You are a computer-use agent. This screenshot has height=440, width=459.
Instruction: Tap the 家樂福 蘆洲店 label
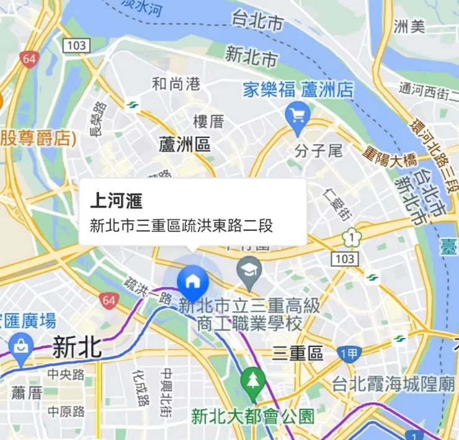tap(299, 90)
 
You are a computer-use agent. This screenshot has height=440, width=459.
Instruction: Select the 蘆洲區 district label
tap(185, 145)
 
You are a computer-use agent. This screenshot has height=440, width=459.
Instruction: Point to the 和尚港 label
tap(176, 83)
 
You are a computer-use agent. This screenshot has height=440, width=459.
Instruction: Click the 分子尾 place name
tap(319, 151)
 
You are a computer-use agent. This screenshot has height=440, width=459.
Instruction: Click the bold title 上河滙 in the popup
tap(117, 201)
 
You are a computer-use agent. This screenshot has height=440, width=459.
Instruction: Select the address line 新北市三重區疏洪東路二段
tap(182, 226)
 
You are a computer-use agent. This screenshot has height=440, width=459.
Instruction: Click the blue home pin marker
tap(192, 280)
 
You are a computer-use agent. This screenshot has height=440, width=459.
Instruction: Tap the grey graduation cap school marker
tap(249, 271)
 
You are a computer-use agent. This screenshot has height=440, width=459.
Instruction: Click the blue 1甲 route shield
tap(350, 354)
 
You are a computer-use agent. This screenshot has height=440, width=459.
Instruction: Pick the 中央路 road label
tap(66, 374)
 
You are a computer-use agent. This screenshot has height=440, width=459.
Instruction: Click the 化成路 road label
tap(140, 387)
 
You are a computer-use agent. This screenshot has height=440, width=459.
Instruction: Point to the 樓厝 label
tap(208, 121)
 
